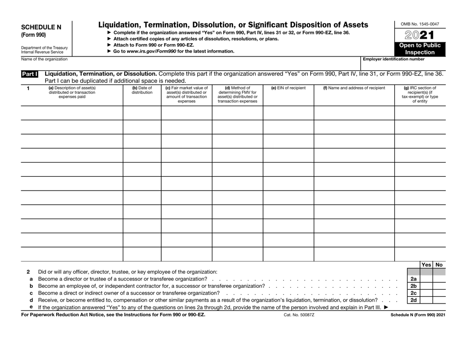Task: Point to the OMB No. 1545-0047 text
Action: [420, 24]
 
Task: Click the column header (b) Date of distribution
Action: [142, 91]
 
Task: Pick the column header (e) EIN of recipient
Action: [288, 88]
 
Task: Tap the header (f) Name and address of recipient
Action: [354, 88]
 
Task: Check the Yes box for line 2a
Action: [426, 279]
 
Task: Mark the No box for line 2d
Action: [438, 300]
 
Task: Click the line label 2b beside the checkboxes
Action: [413, 286]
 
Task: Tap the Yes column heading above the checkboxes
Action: [426, 265]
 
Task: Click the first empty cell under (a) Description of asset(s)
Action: [71, 113]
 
